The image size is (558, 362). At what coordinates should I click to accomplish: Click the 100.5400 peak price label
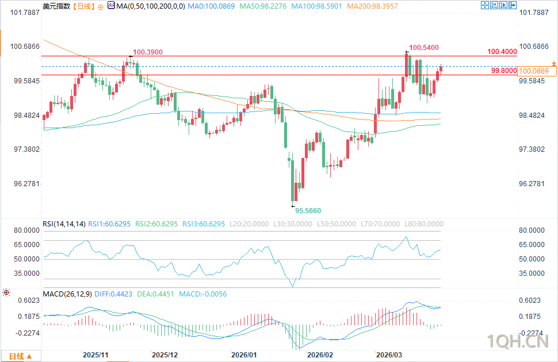[x=424, y=47]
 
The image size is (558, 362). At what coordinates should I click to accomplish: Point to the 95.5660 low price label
[x=309, y=210]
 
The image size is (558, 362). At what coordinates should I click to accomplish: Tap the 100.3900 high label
[x=147, y=52]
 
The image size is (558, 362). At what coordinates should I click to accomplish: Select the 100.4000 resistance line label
[x=502, y=52]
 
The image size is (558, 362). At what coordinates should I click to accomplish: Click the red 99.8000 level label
[x=503, y=71]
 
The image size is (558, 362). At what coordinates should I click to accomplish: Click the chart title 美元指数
[x=56, y=6]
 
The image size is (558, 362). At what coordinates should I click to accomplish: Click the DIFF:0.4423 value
[x=113, y=294]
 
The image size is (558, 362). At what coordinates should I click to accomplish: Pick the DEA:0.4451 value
[x=155, y=294]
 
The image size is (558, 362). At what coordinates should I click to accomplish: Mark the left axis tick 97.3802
[x=21, y=149]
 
